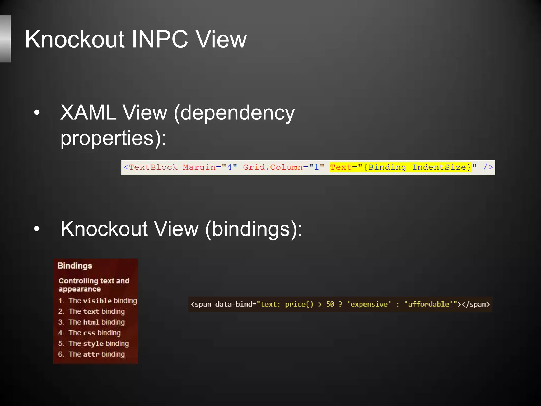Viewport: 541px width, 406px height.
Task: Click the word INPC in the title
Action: tap(160, 40)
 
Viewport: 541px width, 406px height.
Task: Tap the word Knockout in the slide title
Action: tap(75, 40)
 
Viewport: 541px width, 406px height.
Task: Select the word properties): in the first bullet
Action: tap(113, 138)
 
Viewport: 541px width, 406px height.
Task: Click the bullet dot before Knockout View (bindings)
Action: tap(37, 229)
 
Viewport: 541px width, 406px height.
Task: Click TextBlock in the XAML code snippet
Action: tap(153, 168)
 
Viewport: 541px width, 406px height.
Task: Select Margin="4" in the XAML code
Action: tap(210, 168)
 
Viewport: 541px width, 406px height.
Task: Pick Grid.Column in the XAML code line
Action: tap(273, 168)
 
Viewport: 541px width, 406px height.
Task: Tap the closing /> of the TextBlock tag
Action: tap(488, 168)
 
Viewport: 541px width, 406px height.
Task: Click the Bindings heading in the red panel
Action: tap(75, 266)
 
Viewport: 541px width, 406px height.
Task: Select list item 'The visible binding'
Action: tap(102, 301)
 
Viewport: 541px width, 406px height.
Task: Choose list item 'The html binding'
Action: tap(96, 322)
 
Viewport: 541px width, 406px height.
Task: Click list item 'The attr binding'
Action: tap(96, 354)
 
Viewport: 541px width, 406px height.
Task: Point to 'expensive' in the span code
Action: tap(369, 304)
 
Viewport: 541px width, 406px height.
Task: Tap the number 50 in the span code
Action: tap(330, 304)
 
